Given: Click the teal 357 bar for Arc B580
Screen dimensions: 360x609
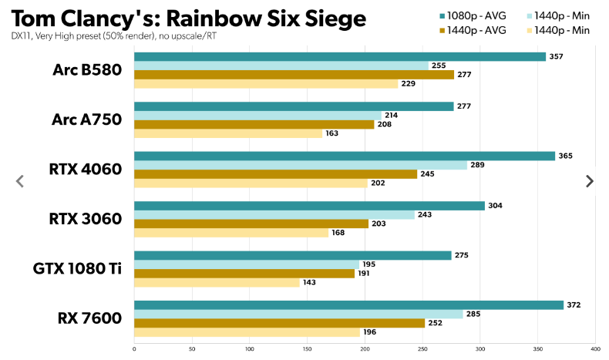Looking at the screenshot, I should (x=339, y=56).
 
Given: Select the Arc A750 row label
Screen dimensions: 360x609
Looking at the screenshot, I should (x=87, y=119).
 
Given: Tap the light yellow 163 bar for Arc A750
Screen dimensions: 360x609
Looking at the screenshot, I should (x=228, y=133).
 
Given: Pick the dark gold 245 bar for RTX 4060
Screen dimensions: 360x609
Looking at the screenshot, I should (x=275, y=174).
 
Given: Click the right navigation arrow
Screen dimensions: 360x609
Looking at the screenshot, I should (x=590, y=181).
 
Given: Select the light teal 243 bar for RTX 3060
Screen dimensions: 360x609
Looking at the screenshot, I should (x=274, y=214).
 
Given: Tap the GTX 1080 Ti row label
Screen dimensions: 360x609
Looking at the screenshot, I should (x=77, y=268).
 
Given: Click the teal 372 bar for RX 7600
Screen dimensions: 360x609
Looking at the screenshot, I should (x=348, y=304).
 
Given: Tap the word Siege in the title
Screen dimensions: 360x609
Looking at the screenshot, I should (x=329, y=17).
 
